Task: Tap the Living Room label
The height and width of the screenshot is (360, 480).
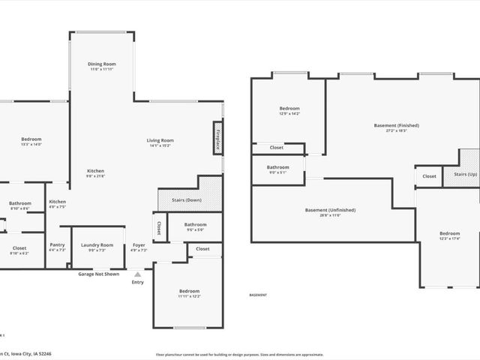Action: point(160,140)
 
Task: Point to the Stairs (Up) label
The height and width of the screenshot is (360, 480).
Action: point(460,175)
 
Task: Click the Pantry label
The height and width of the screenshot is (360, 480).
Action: point(57,244)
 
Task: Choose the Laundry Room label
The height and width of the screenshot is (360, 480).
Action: point(97,244)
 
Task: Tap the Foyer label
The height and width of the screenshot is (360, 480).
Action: point(139,244)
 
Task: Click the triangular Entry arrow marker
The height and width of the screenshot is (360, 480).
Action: point(138,274)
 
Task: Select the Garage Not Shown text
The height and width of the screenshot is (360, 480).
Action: point(98,274)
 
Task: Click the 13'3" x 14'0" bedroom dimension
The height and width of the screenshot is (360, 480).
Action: point(31,144)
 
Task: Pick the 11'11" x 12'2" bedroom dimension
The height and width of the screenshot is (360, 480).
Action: point(189,296)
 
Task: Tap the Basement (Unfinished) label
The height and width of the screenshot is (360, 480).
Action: point(331,210)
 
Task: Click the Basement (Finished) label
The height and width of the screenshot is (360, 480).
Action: point(396,125)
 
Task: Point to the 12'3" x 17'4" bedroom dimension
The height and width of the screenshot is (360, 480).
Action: point(450,239)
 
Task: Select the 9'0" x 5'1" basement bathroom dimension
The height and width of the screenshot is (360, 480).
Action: point(277,172)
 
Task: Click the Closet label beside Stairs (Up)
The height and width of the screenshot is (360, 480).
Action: point(429,176)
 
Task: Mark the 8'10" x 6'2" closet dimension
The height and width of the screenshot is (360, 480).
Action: point(19,253)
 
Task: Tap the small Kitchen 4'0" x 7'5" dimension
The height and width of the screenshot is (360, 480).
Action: point(58,207)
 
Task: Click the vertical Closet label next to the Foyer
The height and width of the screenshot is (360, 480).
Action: point(159,226)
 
